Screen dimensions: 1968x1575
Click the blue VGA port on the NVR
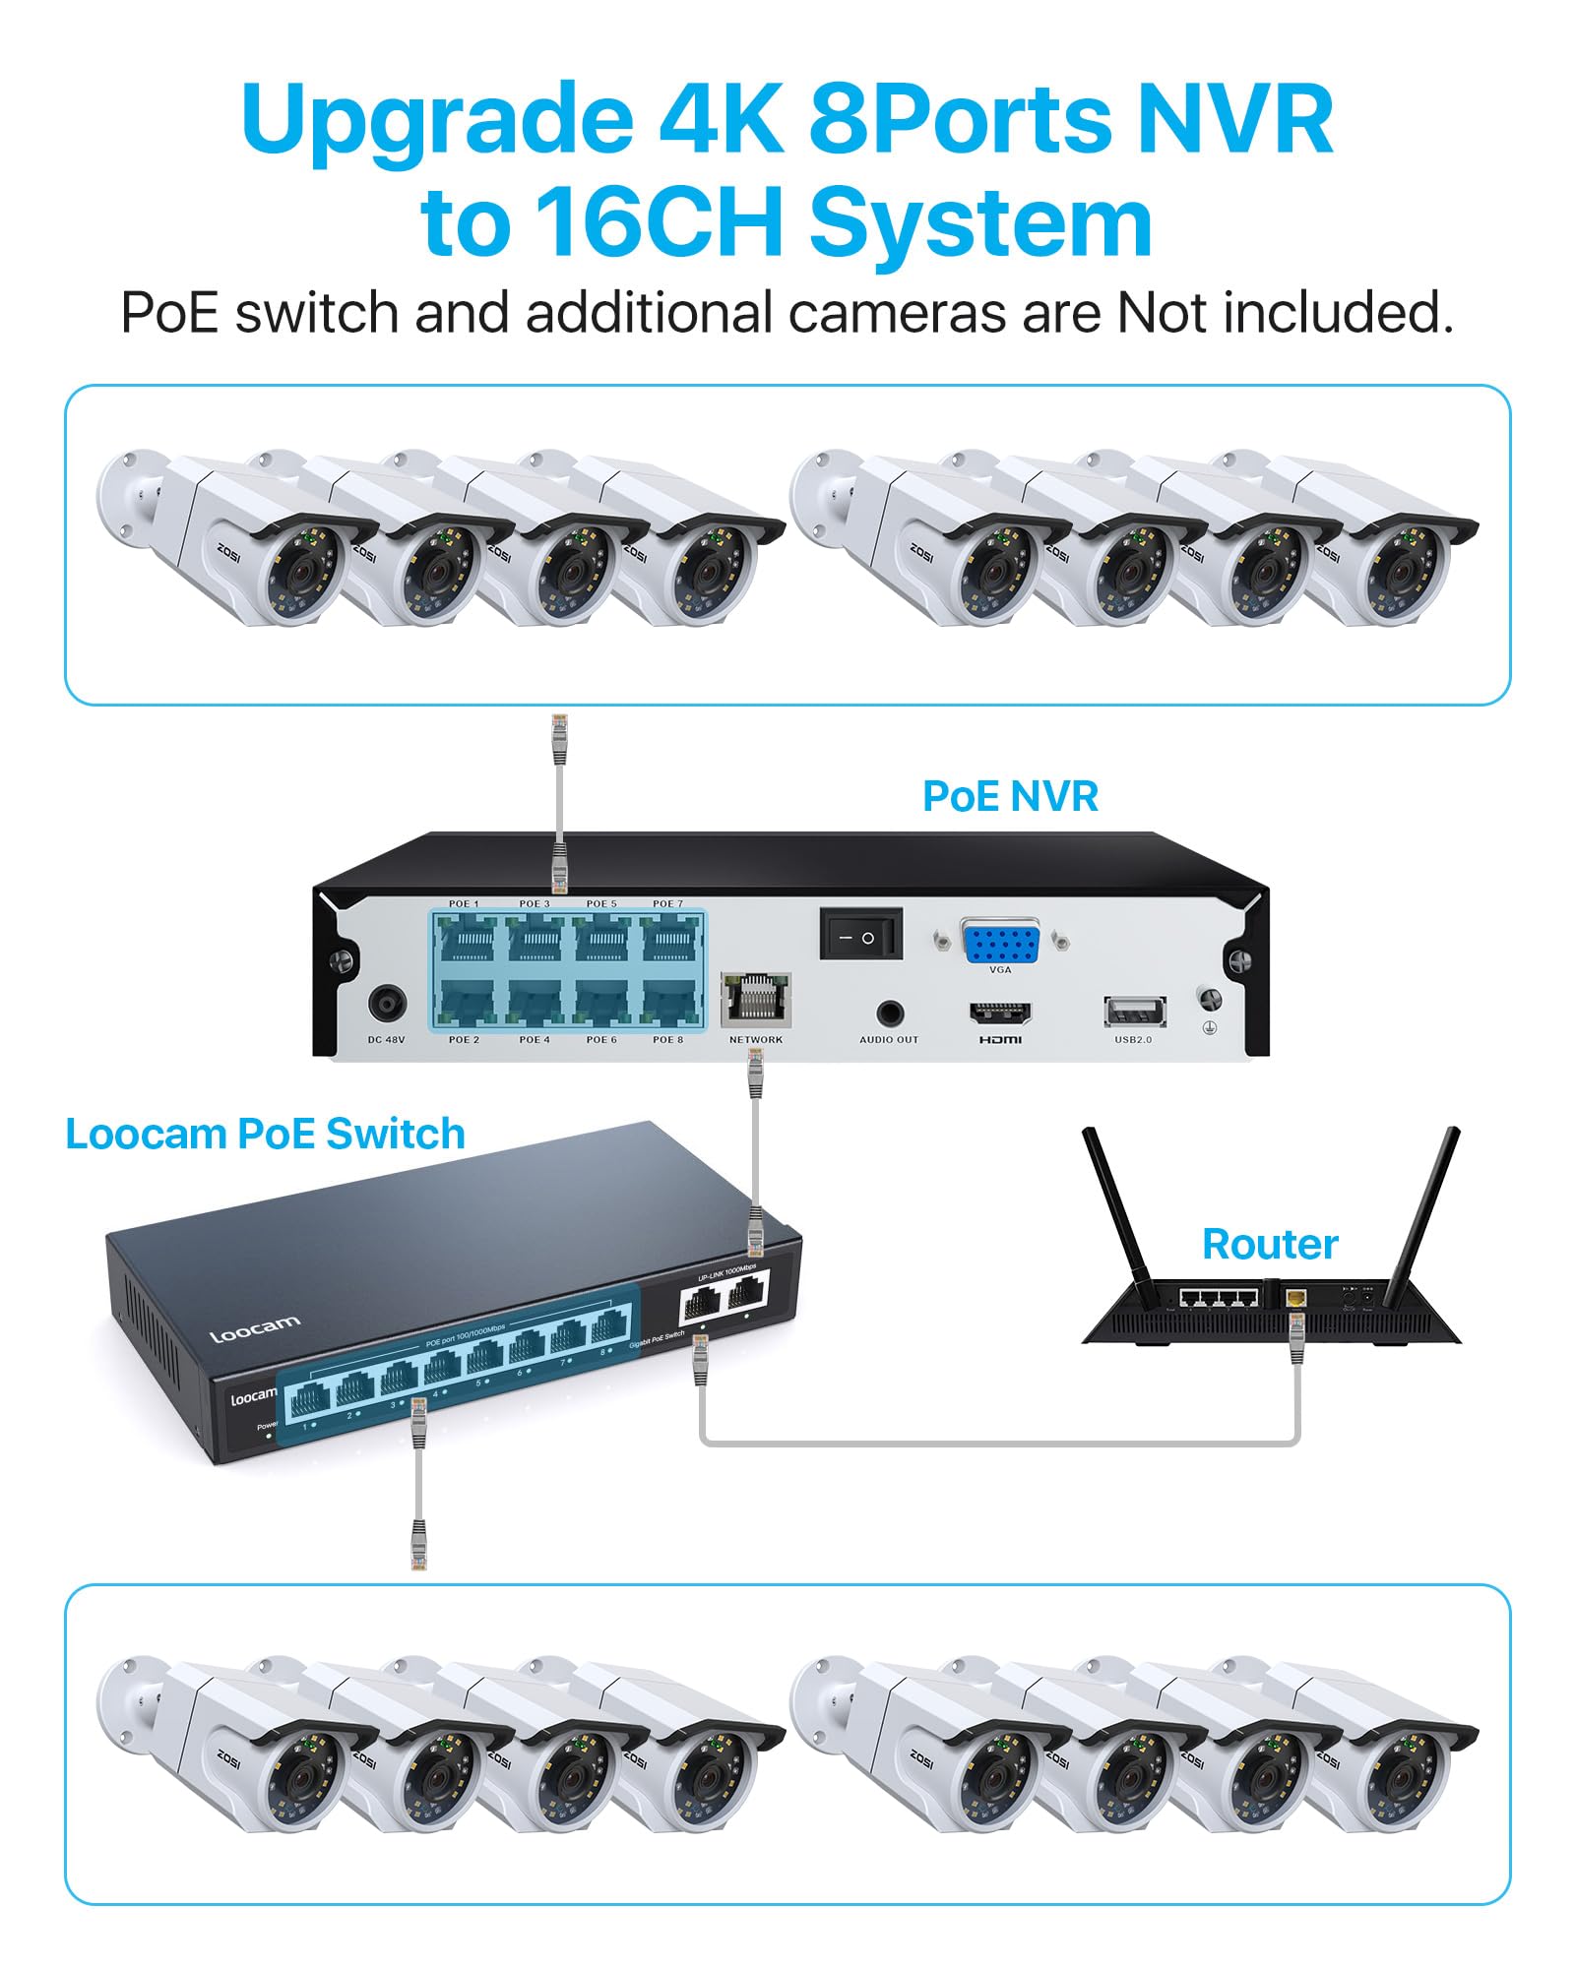point(1000,942)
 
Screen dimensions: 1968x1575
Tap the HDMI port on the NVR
point(1000,1013)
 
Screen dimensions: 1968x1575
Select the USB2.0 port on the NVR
point(1134,1011)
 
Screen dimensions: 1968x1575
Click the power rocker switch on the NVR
point(860,936)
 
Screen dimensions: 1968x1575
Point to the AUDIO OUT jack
point(890,1013)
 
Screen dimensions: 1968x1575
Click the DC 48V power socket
point(387,1005)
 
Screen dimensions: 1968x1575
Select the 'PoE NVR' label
point(1010,797)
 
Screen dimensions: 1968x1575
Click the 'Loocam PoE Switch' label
point(265,1135)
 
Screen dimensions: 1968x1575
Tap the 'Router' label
point(1270,1245)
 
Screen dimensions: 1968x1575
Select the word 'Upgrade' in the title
point(436,121)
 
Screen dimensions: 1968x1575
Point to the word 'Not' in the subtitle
point(1161,314)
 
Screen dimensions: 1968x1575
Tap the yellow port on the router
point(1296,1298)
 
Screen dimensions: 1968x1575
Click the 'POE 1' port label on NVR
point(464,903)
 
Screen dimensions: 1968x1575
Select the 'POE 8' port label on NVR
point(667,1039)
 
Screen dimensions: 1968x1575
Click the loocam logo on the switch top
point(254,1328)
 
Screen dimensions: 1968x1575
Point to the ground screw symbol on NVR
point(1210,1027)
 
